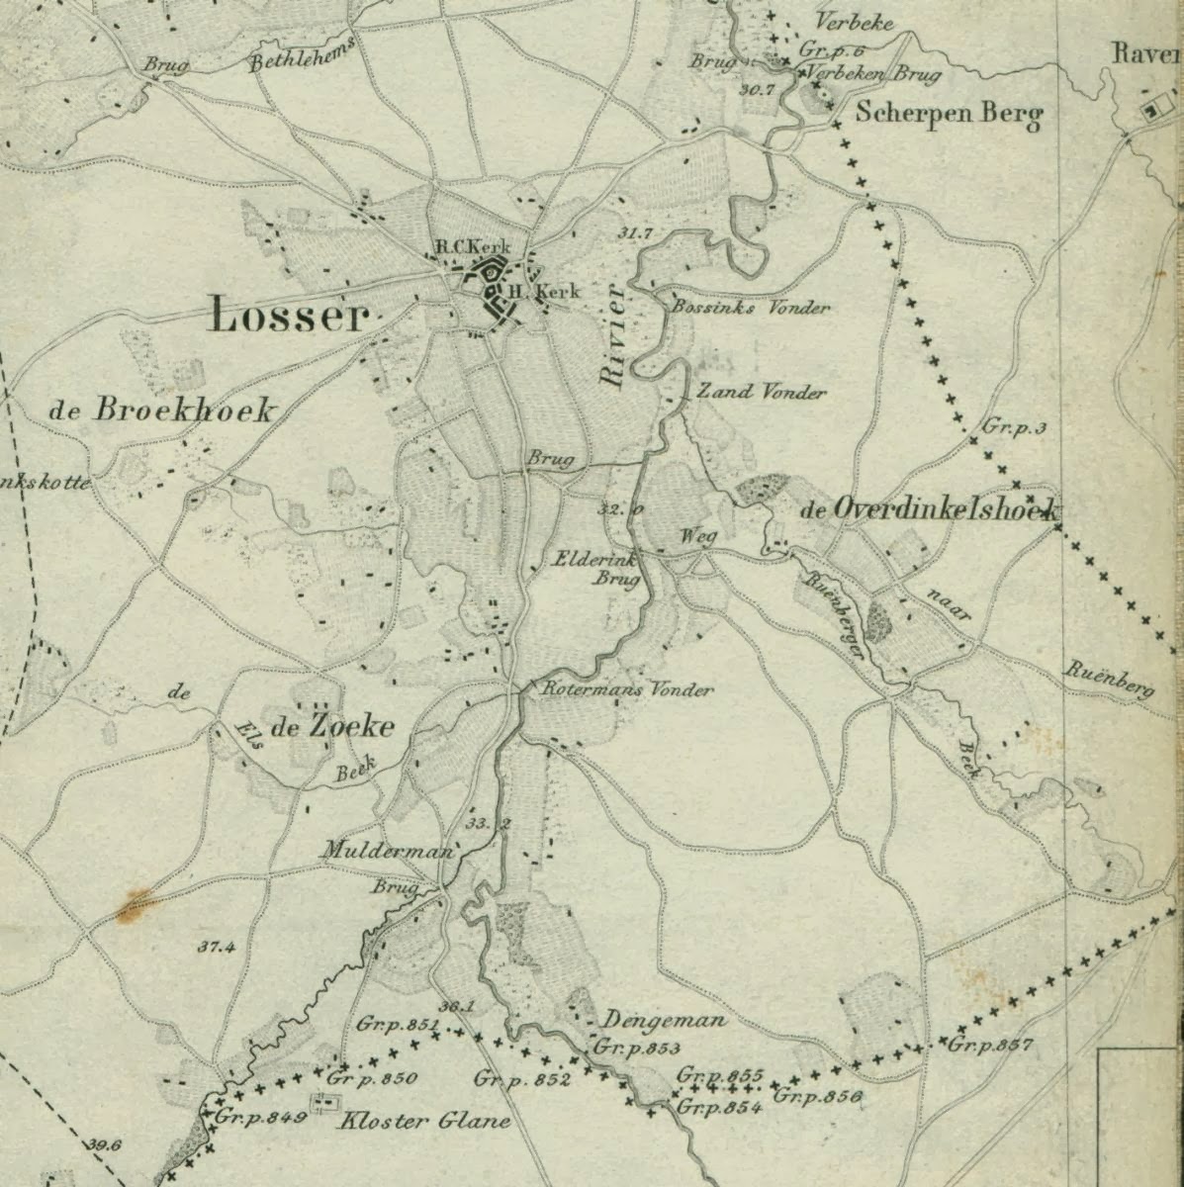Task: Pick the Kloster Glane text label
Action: (x=424, y=1121)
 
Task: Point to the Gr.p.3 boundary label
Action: (x=1015, y=427)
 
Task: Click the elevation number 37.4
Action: (x=216, y=947)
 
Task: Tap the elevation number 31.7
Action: (x=634, y=233)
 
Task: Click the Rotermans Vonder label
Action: (x=627, y=690)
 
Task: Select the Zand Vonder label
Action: (x=761, y=393)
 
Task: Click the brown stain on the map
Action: (x=134, y=904)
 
